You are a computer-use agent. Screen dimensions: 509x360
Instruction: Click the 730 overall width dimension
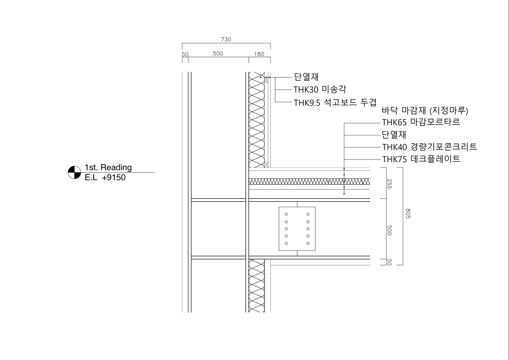pos(226,39)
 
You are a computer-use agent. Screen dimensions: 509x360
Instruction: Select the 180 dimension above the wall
pos(259,54)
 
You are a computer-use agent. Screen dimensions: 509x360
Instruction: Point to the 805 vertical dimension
pos(408,214)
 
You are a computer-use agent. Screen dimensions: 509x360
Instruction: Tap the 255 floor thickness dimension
pos(389,184)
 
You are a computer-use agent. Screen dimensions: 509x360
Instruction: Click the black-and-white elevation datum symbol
pos(74,173)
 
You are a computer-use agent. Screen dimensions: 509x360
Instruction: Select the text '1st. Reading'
pos(108,167)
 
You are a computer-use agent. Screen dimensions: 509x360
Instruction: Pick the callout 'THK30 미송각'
pos(320,89)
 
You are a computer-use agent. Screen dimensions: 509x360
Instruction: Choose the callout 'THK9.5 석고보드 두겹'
pos(335,102)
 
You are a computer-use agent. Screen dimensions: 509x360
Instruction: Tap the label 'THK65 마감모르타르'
pos(421,122)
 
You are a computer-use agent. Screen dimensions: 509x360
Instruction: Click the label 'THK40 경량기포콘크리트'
pos(429,147)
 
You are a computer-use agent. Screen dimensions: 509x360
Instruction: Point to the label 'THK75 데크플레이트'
pos(421,159)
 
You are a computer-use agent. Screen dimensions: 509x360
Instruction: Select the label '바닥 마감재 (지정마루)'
pos(425,110)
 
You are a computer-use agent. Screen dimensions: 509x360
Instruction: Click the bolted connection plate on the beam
pos(297,229)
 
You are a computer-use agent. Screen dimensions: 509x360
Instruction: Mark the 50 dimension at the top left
pos(185,54)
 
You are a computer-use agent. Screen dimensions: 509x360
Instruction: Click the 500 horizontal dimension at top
pos(218,53)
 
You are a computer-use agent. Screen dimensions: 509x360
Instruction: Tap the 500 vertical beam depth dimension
pos(389,230)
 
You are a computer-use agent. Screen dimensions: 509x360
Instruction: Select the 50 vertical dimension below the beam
pos(389,262)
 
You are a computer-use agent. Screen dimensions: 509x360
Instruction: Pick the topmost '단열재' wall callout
pos(306,77)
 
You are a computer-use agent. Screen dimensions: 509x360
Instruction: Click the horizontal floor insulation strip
pos(309,181)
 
